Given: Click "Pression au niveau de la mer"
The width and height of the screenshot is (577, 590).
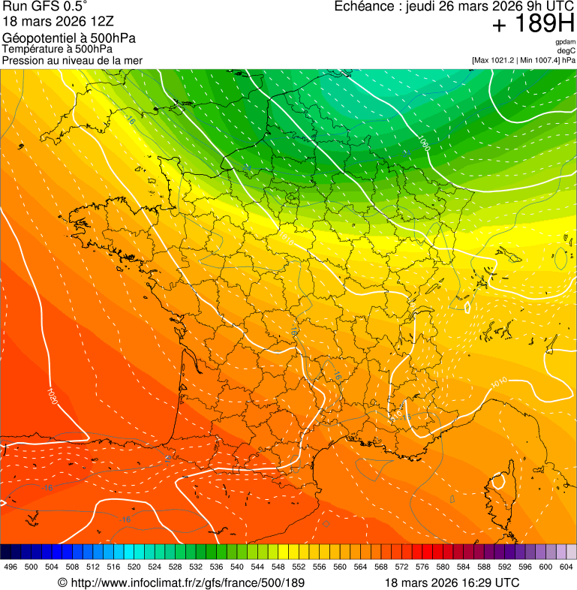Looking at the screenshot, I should pos(72,60).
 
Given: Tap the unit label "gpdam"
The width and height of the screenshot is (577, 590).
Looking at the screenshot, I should pos(565,42).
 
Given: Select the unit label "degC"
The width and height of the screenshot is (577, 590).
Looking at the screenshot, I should pos(566,51).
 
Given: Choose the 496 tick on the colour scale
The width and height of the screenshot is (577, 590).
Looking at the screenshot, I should pos(11,567).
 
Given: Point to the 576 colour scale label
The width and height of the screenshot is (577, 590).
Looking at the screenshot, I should pos(422,567).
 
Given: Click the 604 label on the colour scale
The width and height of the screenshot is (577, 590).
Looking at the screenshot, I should pos(566,567).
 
